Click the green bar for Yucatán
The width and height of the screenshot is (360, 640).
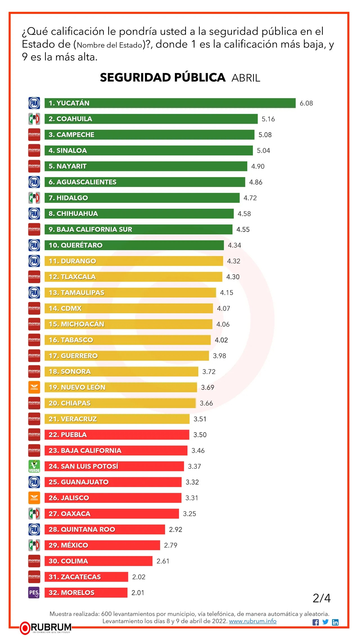tap(170, 103)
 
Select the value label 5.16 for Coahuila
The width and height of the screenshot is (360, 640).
tap(268, 119)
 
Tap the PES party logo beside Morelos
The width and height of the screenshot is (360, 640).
tap(34, 592)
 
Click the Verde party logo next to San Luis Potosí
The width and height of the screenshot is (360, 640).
tap(34, 466)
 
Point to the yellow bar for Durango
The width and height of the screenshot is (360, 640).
tap(134, 261)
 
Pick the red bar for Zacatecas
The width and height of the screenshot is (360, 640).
tap(86, 577)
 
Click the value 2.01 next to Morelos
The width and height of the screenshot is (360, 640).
tap(138, 593)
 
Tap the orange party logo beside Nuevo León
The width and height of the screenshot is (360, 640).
tap(34, 387)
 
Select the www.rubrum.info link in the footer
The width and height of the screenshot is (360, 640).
tap(253, 621)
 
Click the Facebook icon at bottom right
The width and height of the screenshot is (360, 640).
tap(316, 622)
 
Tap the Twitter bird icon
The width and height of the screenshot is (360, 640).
tap(325, 622)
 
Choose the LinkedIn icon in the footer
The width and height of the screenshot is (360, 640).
tap(335, 622)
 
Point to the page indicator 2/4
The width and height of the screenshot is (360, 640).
tap(321, 598)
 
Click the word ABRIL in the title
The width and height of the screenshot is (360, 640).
tap(246, 78)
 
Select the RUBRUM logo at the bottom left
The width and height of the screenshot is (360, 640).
tap(46, 628)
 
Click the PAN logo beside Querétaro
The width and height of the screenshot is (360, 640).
tap(34, 245)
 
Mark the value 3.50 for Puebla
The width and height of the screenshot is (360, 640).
tap(200, 435)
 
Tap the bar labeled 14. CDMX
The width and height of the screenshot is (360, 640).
tap(129, 308)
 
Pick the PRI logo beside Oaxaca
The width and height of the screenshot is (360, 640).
tap(34, 513)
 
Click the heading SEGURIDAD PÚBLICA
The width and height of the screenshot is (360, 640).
tap(163, 78)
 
